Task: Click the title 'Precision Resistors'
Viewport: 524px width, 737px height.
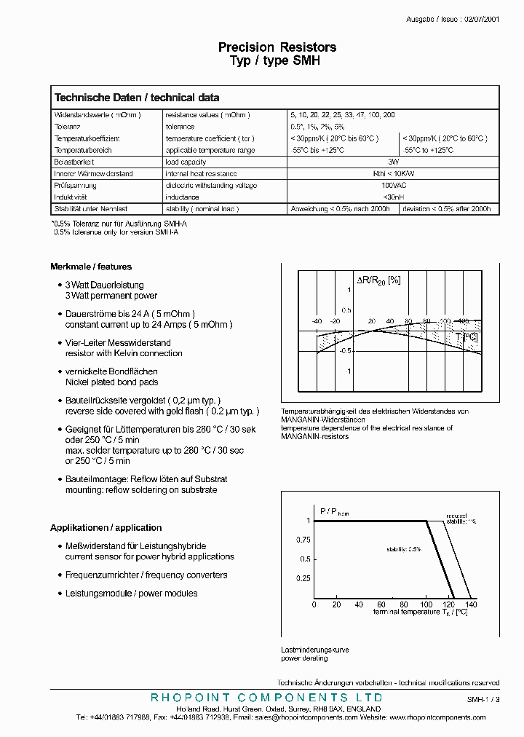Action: pos(277,47)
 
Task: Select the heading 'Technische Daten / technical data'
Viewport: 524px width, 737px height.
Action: pos(137,98)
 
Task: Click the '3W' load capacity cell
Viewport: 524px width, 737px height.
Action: pos(394,162)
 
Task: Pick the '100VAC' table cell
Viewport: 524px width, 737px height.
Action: pos(394,186)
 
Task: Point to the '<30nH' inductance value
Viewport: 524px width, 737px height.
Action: pos(394,197)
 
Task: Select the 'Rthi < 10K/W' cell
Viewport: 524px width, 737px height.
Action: pos(394,174)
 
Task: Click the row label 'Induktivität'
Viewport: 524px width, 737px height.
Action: pos(71,197)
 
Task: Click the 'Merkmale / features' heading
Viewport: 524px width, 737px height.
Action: pos(91,267)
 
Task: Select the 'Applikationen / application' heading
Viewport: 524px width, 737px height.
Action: pos(106,527)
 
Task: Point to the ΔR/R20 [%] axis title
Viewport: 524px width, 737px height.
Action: pos(378,280)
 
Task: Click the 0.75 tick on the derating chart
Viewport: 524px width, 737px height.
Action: pos(303,540)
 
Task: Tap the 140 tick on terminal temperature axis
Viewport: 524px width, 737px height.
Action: pos(471,604)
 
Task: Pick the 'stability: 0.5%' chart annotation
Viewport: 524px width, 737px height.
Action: pos(404,549)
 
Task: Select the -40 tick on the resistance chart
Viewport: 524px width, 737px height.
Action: pos(317,321)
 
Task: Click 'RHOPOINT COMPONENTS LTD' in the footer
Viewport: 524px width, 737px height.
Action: pos(266,698)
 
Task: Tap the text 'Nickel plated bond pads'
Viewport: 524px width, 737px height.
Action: pos(111,382)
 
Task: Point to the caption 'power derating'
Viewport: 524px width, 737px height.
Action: pos(304,658)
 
